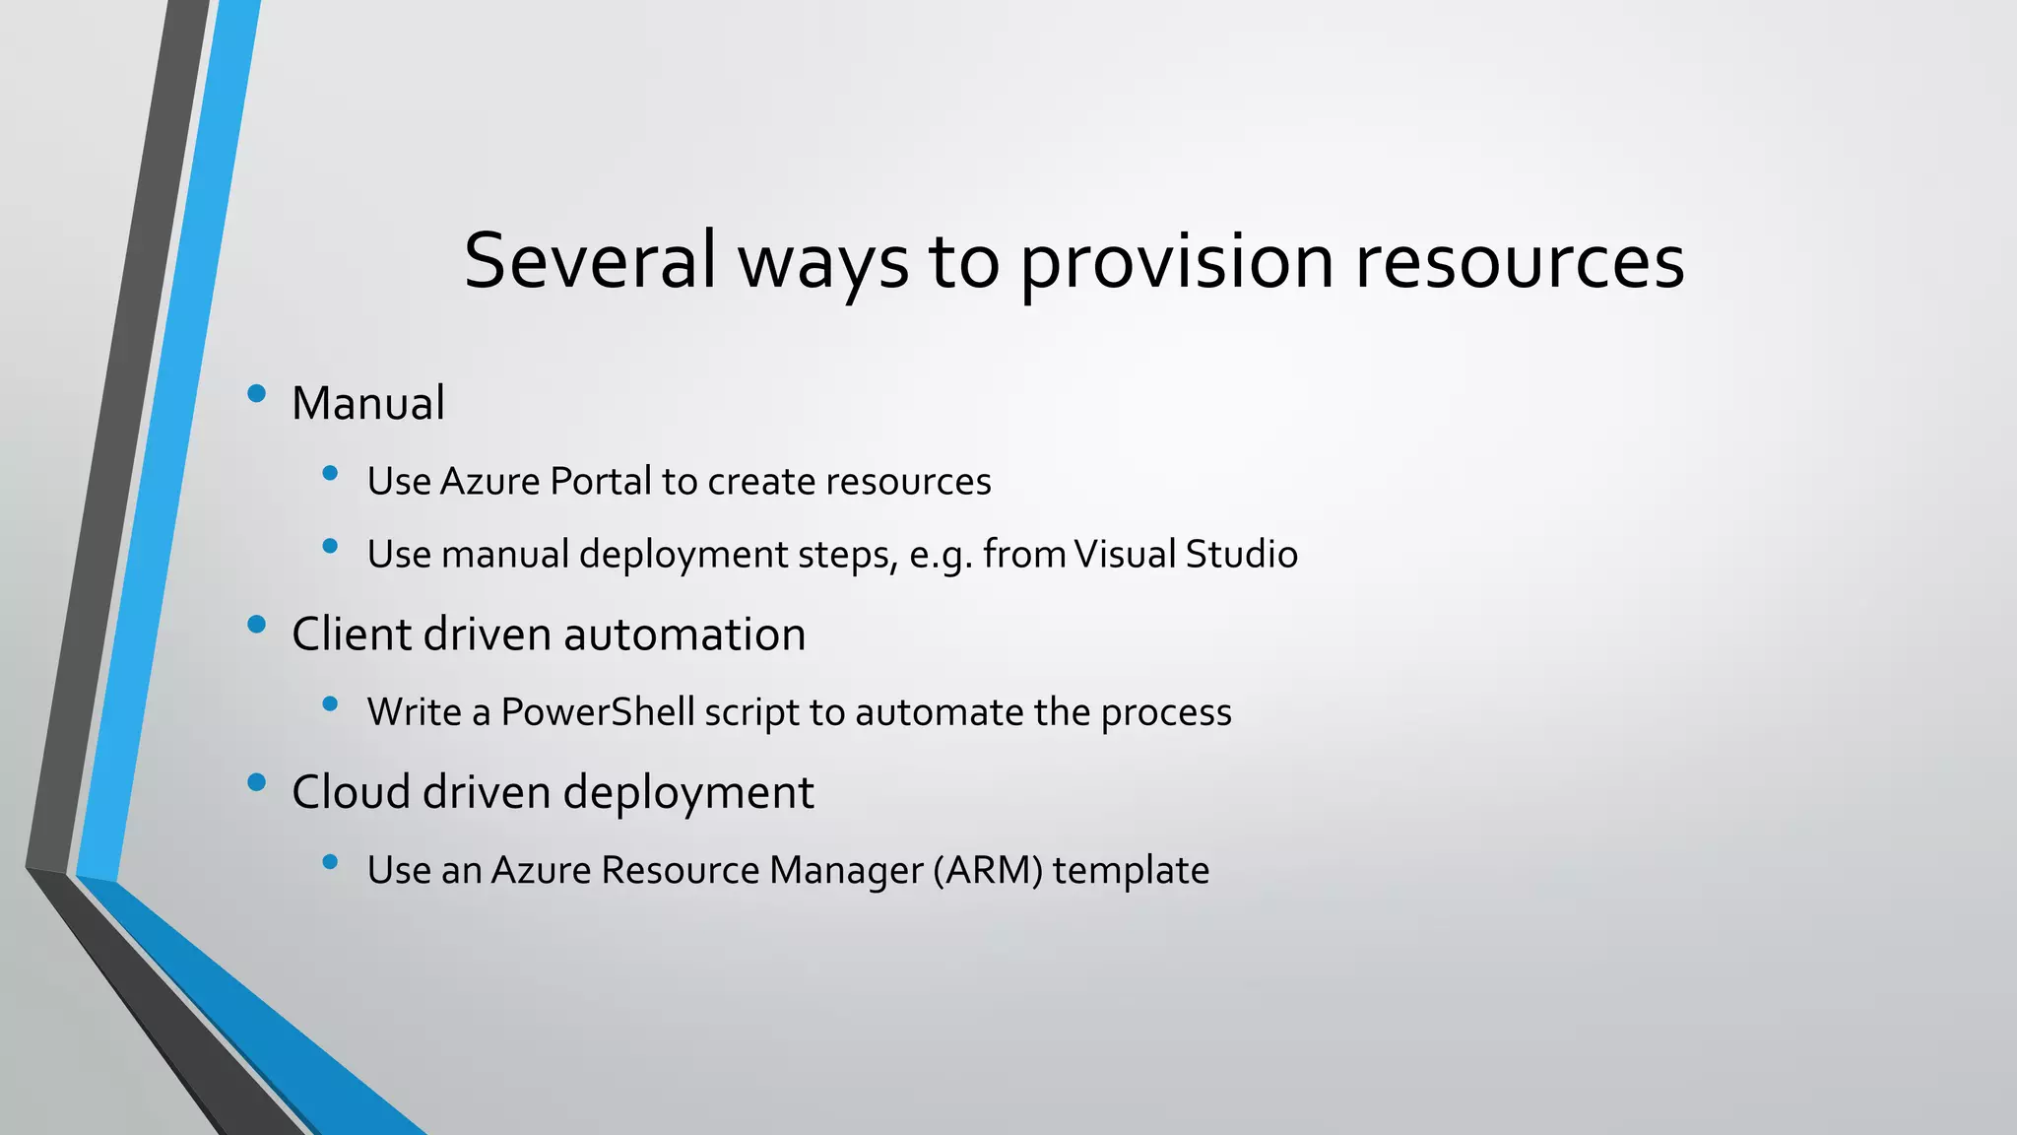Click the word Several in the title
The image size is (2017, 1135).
pos(589,260)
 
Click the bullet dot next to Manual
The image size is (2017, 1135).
pos(257,394)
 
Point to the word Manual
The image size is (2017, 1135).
pos(368,403)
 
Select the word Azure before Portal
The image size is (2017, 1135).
pos(489,482)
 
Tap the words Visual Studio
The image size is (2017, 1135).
pos(1186,554)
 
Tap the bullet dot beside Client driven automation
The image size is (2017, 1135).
pos(257,624)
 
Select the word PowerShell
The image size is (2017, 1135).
pos(598,712)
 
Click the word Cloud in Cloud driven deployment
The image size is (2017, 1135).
pos(351,791)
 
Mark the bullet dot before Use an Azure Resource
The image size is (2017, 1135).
pos(330,862)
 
